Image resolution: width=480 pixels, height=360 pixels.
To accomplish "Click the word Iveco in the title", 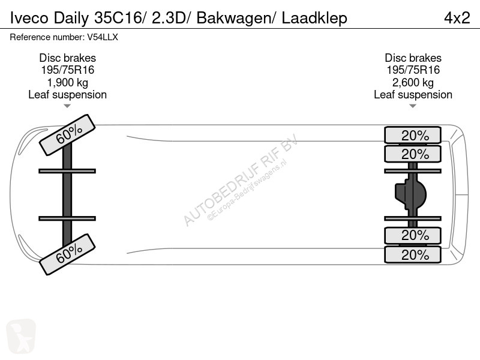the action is (x=29, y=18).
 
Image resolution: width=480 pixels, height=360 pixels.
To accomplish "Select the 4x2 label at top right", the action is (x=457, y=18).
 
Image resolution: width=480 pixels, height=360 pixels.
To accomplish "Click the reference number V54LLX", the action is (x=103, y=37).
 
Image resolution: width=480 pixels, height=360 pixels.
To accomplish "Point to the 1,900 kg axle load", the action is (x=67, y=82).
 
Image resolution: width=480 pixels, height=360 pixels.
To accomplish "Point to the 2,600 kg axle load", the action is (x=413, y=82).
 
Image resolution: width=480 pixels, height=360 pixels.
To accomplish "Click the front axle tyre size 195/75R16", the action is (x=67, y=70).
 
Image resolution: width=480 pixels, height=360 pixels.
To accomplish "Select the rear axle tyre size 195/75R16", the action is (x=413, y=70).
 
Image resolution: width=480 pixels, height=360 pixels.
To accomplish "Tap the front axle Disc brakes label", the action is (x=67, y=58).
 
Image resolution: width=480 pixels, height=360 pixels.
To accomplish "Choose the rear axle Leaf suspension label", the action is (x=413, y=95).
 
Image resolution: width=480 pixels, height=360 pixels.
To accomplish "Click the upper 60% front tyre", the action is (x=67, y=135).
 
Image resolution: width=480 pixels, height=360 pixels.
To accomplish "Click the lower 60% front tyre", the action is (x=67, y=254).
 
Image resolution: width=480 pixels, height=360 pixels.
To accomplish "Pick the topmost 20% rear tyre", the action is (x=413, y=135).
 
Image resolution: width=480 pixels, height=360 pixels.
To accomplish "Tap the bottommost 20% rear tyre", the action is (x=413, y=254).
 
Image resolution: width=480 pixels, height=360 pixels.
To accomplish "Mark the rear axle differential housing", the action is (x=411, y=194).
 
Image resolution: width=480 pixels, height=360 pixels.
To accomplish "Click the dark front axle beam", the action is (x=67, y=194).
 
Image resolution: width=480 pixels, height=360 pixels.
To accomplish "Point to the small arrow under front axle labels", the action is (x=67, y=106).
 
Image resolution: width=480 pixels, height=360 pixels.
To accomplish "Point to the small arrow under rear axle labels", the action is (x=413, y=106).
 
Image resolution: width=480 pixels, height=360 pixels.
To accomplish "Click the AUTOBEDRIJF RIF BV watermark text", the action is (x=240, y=180).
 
